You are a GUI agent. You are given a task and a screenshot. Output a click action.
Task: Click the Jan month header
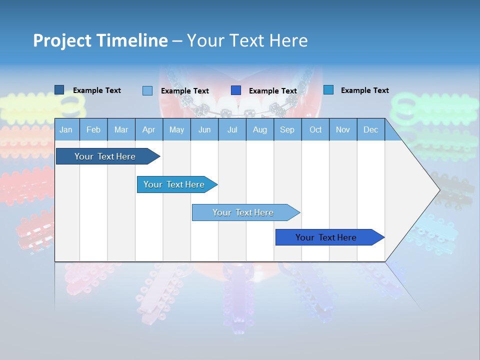pos(66,130)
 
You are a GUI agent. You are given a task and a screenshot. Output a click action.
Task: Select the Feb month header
pos(93,130)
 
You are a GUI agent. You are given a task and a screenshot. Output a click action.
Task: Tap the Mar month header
pos(121,130)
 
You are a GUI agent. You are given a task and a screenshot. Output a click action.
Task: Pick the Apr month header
pos(148,130)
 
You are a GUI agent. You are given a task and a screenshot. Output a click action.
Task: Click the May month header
pos(176,130)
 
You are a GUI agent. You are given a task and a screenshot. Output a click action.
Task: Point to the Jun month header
pos(204,130)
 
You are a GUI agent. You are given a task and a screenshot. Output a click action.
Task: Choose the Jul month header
pos(232,130)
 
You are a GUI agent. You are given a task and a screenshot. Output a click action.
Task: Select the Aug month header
pos(260,130)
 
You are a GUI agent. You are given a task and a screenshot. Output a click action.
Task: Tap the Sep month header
pos(287,130)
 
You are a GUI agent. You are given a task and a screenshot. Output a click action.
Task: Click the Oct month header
pos(315,130)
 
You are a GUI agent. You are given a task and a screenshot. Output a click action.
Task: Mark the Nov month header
pos(343,130)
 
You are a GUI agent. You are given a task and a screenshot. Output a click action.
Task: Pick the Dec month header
pos(370,130)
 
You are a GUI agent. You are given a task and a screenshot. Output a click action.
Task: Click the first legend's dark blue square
pos(59,90)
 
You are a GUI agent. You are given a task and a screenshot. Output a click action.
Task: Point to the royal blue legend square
pos(236,90)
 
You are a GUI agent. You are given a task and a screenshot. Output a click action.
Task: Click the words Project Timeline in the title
pos(100,40)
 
